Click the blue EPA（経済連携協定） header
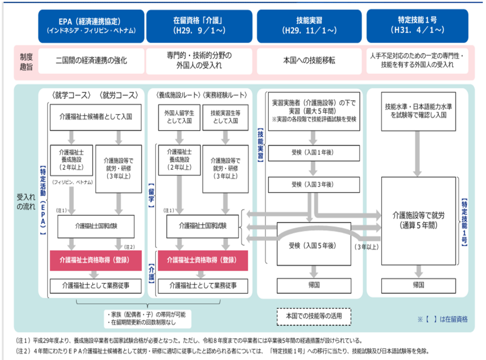[91, 26]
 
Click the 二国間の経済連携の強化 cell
[91, 61]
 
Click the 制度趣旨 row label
[25, 61]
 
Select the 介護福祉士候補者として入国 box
[96, 116]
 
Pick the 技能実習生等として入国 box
[224, 117]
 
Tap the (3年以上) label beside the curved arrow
[365, 246]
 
